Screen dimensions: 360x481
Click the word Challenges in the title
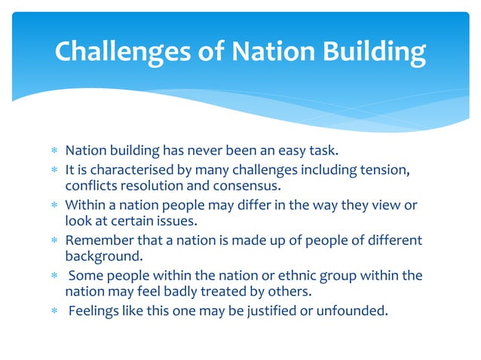(x=121, y=51)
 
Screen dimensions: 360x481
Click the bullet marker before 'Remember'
(x=54, y=241)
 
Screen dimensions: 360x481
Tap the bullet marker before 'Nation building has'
(x=54, y=155)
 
